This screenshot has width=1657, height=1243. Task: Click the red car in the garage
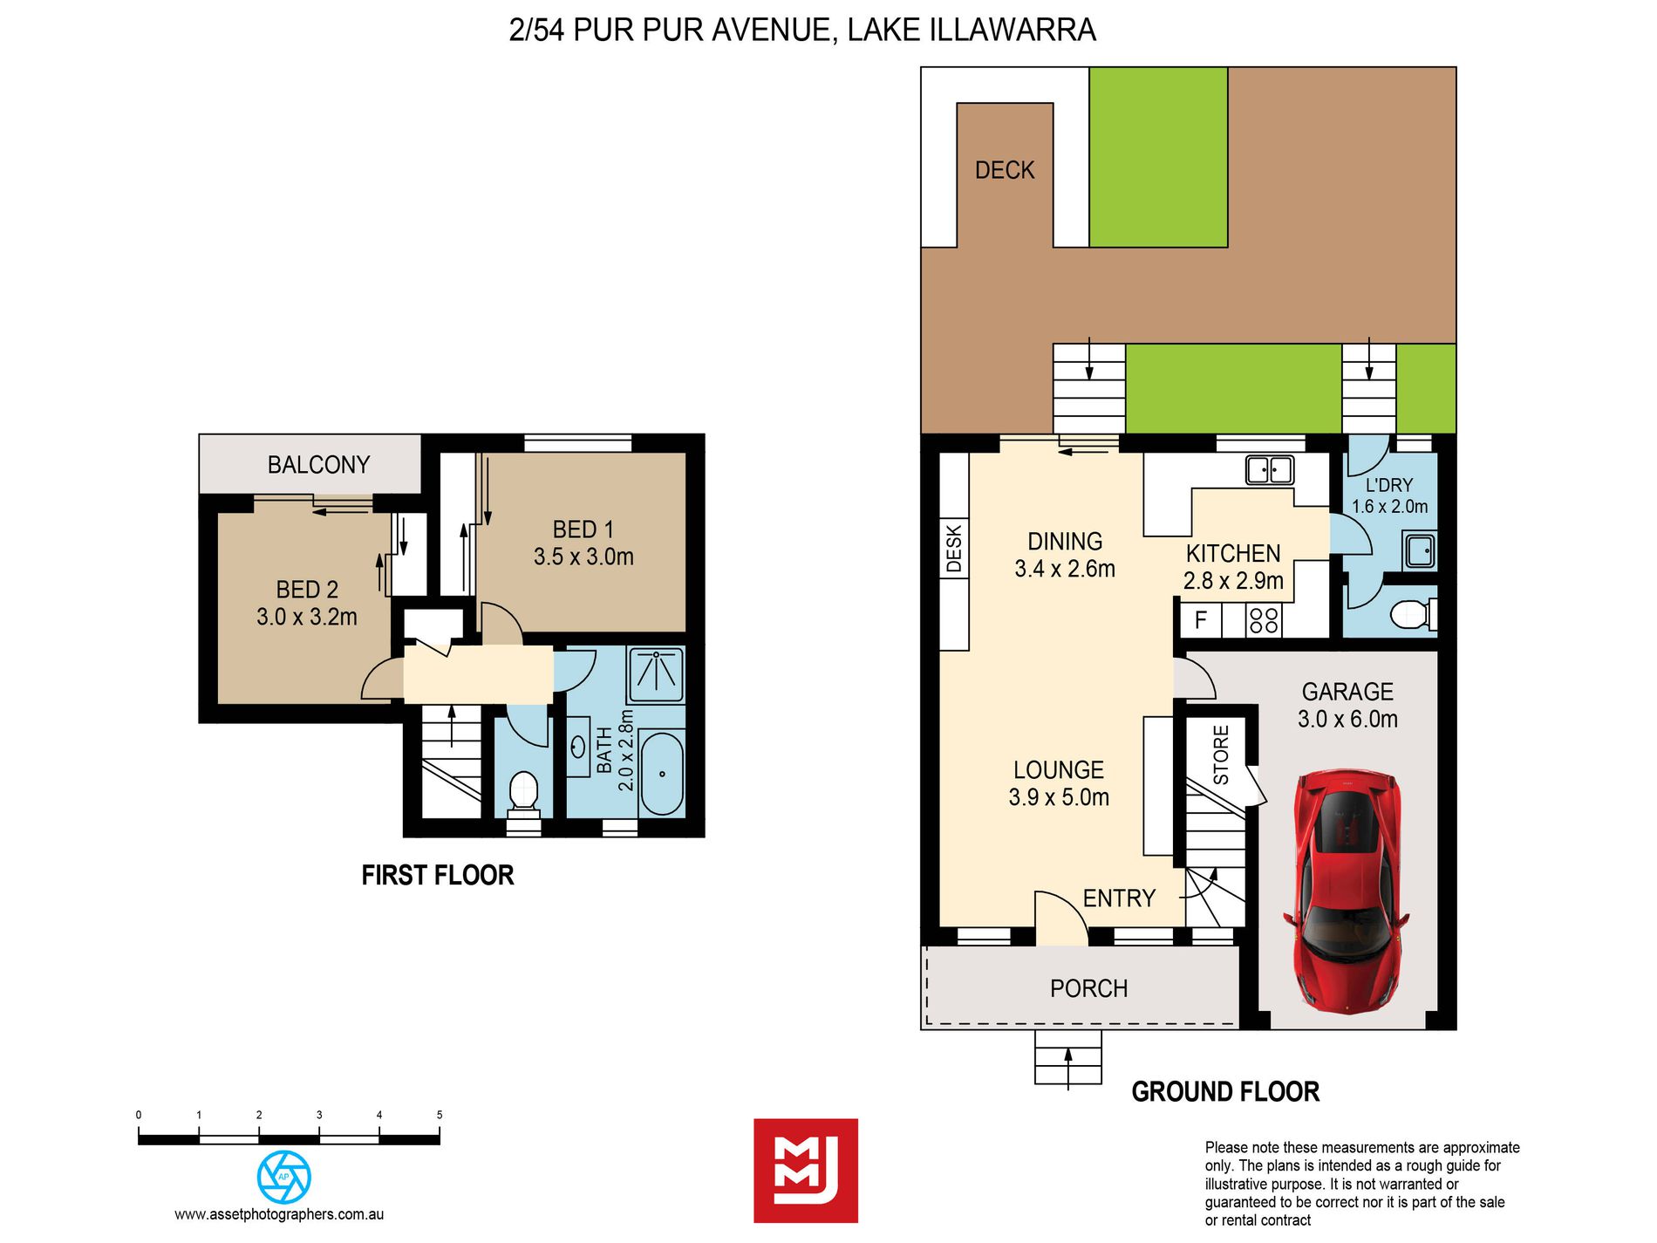[1347, 891]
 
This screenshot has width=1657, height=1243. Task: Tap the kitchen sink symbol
[1269, 470]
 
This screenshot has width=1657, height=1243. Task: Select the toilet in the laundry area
[1413, 614]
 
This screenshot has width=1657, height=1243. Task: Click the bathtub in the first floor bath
[662, 774]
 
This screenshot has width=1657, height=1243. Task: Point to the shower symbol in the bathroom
[656, 674]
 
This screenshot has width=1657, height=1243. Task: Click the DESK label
[954, 549]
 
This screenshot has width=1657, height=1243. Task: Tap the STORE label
[1221, 755]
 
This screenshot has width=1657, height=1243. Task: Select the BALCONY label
[318, 465]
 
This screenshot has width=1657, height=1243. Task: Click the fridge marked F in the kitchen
[1201, 620]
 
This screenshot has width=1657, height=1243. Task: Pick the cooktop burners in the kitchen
[1264, 620]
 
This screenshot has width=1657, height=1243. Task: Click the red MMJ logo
[806, 1171]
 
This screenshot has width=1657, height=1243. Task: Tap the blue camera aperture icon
[284, 1177]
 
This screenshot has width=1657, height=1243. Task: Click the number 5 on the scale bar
[440, 1115]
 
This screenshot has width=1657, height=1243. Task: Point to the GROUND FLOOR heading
[1225, 1091]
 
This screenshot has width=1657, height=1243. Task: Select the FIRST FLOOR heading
[438, 875]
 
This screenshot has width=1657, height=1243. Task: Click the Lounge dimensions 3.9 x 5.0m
[1059, 797]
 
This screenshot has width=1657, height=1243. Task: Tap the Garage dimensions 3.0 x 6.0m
[1347, 720]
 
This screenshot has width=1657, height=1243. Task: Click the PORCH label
[1089, 988]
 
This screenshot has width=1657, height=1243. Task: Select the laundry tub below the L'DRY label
[1421, 550]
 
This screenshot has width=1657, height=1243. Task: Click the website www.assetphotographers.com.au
[279, 1214]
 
